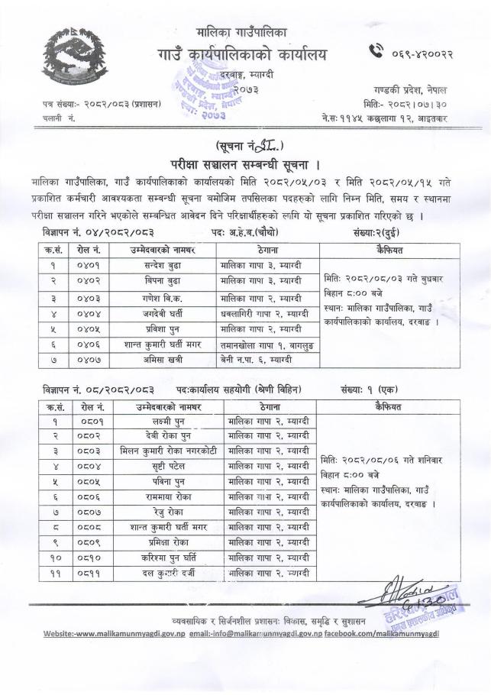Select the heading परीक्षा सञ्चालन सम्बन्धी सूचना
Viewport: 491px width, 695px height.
(x=245, y=164)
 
